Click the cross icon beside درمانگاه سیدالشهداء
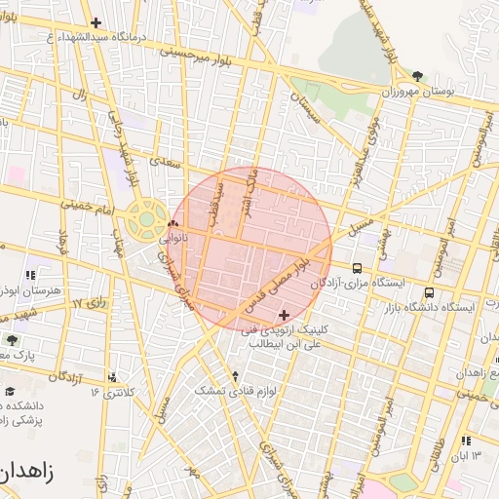(96, 22)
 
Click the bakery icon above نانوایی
(173, 224)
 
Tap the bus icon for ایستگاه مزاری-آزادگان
(358, 268)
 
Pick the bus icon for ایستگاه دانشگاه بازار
(430, 292)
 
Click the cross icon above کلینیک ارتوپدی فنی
(285, 315)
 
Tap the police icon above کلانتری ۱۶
(114, 377)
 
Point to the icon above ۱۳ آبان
(467, 441)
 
